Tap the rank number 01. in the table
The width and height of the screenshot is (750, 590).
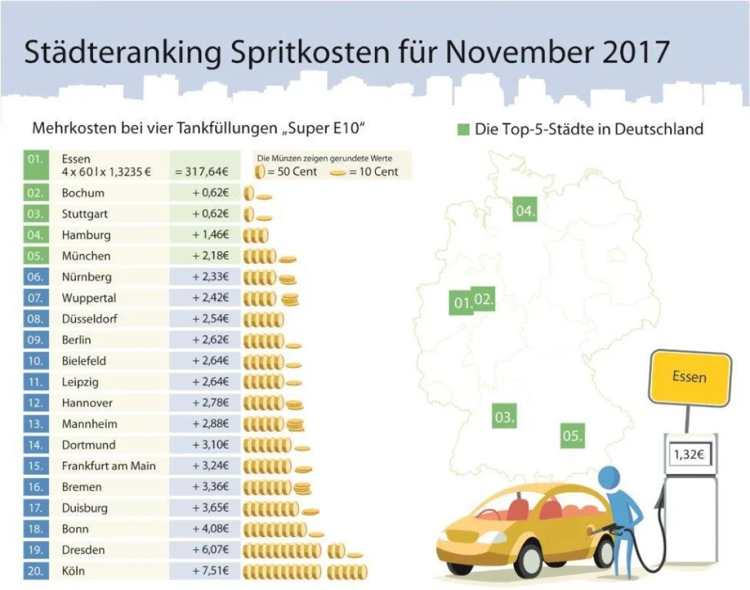35,159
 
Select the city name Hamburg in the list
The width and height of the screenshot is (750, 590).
86,235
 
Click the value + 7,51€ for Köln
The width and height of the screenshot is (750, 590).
210,571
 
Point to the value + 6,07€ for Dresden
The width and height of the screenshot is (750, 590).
210,550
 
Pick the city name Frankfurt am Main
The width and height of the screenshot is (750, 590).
109,466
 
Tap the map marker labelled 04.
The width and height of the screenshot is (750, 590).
525,210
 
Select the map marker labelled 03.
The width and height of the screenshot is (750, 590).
504,417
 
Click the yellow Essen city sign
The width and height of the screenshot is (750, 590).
689,378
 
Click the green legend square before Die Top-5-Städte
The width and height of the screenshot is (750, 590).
463,129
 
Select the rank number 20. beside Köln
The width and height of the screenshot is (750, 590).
35,571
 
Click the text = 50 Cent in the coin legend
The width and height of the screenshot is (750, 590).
292,172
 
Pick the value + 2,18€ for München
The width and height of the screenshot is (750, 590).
210,256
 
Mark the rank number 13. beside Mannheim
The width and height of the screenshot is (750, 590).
35,424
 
